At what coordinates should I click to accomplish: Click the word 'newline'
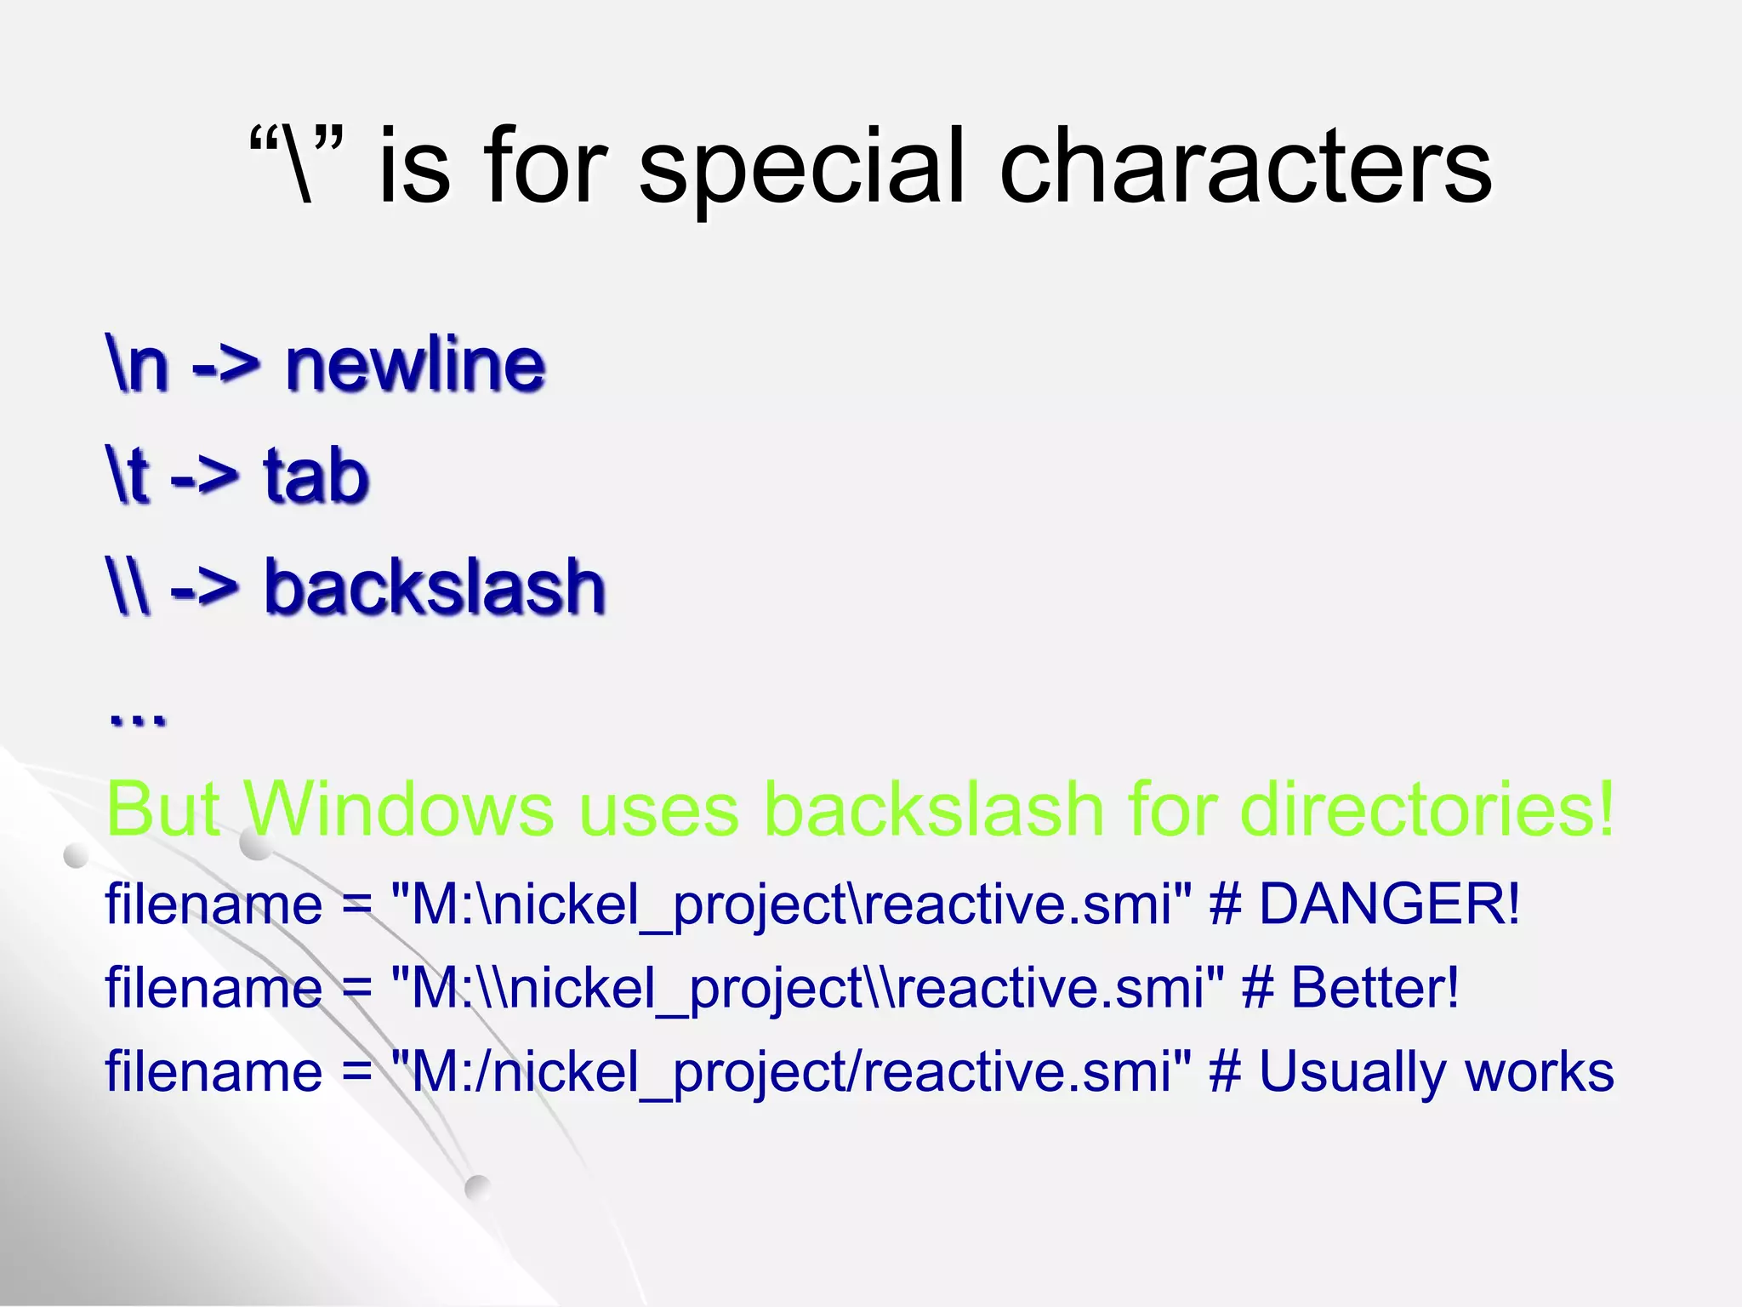415,364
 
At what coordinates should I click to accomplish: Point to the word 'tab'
316,476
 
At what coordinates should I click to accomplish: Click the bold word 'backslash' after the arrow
435,587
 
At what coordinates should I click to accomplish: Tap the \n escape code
137,364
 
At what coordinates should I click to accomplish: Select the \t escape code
128,476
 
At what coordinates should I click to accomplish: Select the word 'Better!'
1375,988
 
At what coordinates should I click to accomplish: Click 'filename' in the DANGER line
213,904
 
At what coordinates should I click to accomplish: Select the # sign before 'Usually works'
1225,1072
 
